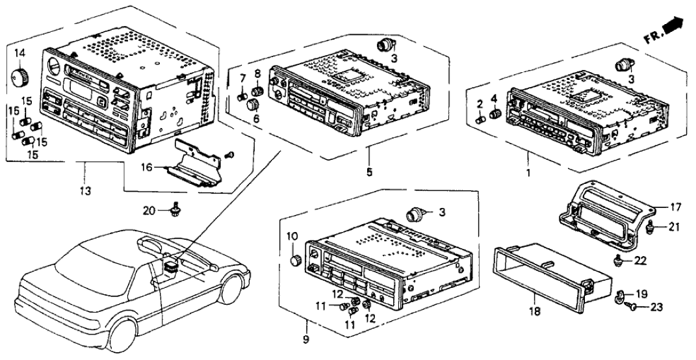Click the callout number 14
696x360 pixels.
point(19,52)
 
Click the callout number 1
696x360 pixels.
point(527,174)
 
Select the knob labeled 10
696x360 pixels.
point(294,260)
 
